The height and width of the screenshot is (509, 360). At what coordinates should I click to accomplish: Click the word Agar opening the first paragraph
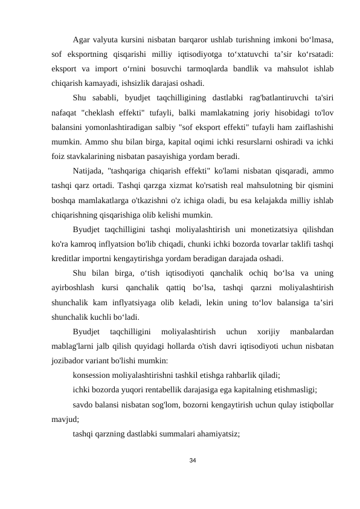click(81, 41)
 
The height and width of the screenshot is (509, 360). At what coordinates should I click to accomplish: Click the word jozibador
click(68, 359)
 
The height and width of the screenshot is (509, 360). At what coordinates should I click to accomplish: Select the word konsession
click(94, 373)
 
